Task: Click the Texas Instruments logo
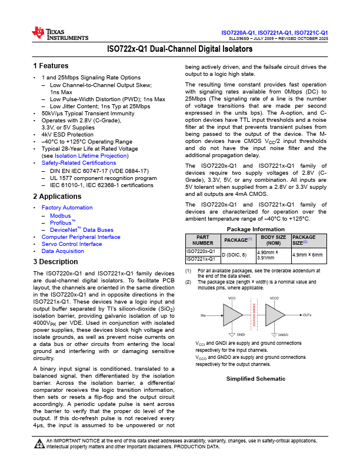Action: tap(59, 34)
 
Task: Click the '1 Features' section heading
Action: tap(51, 66)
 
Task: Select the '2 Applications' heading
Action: tap(58, 197)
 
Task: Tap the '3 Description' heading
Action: tap(57, 262)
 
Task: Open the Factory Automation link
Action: tap(67, 208)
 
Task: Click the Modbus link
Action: tap(60, 215)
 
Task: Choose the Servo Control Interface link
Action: tap(71, 244)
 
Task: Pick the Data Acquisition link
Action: tap(63, 251)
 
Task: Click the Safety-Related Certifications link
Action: tap(79, 162)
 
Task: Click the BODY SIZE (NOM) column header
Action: tap(274, 240)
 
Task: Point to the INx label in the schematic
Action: tap(204, 315)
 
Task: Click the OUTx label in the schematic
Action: tap(307, 315)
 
